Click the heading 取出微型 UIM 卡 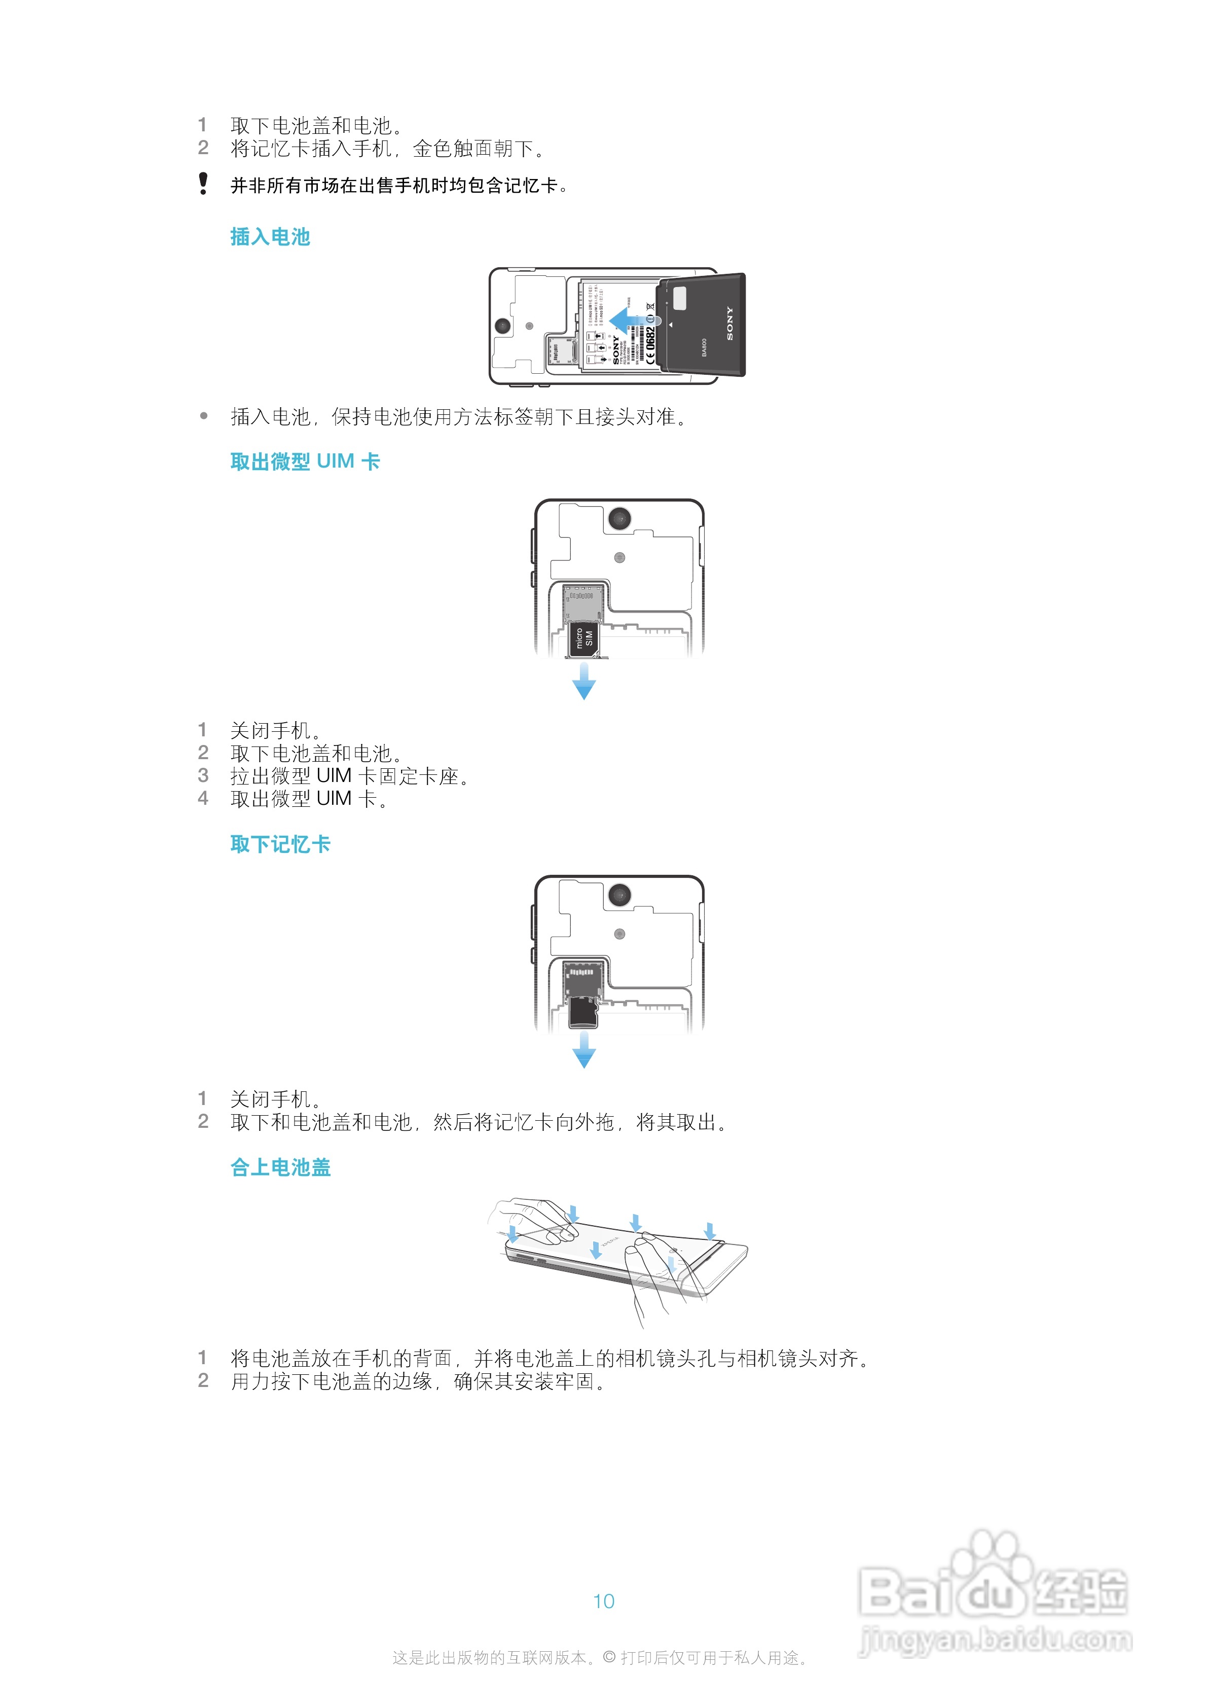pos(305,462)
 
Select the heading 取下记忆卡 pos(280,844)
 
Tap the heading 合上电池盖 pos(280,1167)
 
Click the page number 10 pos(603,1601)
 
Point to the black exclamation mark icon pos(203,183)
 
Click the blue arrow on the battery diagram pos(627,321)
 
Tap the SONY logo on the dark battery pos(729,324)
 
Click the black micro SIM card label pos(584,639)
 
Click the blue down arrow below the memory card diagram pos(584,1050)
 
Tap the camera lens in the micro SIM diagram pos(619,518)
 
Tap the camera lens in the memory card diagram pos(619,895)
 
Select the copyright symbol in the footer pos(609,1657)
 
